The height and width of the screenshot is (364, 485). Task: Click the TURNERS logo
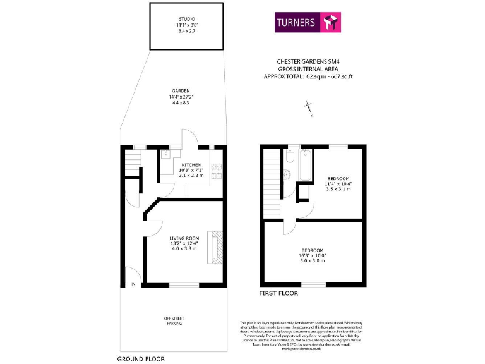(308, 23)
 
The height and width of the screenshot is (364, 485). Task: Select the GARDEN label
(181, 90)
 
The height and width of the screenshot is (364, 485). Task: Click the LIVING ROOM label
(184, 238)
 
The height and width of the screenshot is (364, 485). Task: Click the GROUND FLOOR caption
(141, 358)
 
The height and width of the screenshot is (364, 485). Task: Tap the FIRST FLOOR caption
(279, 293)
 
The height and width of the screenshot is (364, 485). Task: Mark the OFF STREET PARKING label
(174, 320)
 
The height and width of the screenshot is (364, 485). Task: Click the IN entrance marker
(133, 284)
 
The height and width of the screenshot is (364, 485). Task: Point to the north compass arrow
(309, 109)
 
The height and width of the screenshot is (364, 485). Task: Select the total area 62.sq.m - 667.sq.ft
(308, 76)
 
